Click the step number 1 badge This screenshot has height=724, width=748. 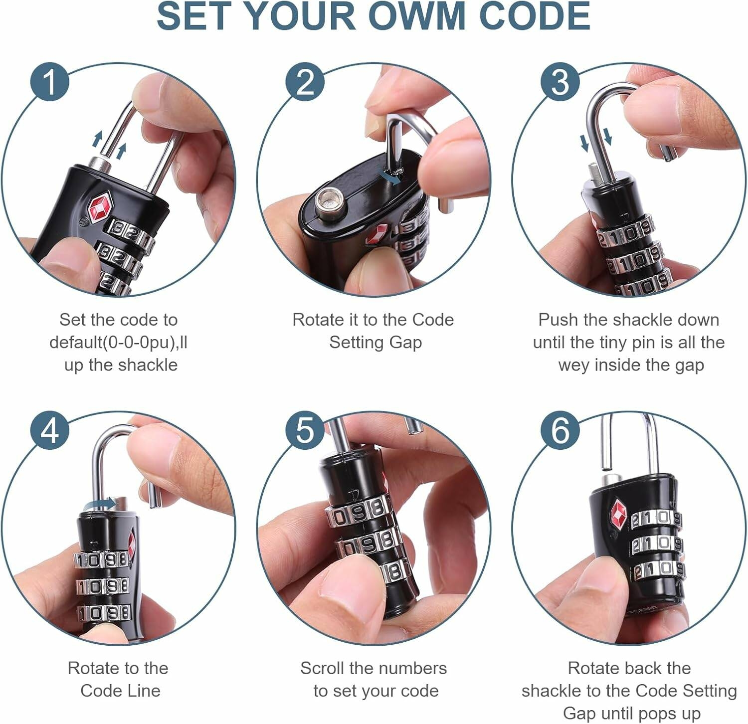pos(49,81)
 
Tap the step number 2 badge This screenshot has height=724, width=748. pos(305,81)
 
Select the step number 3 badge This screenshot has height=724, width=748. pos(560,81)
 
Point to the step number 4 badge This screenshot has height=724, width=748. pos(49,430)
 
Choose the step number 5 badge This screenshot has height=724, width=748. pos(305,430)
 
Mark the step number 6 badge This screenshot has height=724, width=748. pos(560,430)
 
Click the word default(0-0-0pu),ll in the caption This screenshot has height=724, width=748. pos(118,343)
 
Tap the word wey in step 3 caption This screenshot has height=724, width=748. pos(573,365)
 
